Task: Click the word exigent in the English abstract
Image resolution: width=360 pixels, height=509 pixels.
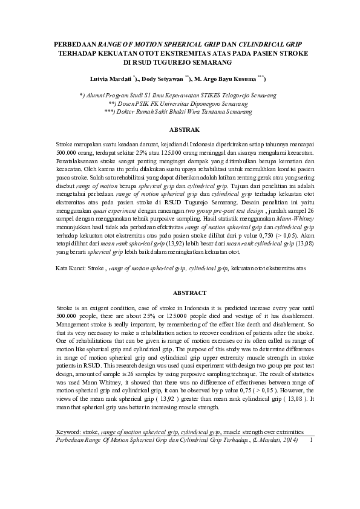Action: point(93,308)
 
